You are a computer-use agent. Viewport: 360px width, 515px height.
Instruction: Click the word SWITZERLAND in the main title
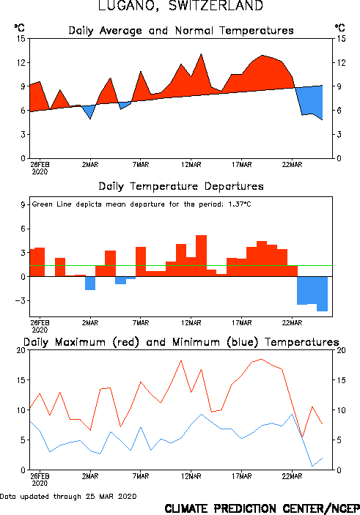point(216,6)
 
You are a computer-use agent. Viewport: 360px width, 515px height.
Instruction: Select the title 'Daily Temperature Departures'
point(181,187)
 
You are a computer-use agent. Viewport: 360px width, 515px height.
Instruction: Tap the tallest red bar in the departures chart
point(201,256)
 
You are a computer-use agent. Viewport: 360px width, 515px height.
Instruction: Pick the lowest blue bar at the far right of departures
point(322,294)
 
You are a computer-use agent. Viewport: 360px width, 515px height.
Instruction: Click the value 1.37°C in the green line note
point(240,204)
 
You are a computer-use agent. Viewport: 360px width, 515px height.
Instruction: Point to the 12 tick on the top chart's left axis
point(21,62)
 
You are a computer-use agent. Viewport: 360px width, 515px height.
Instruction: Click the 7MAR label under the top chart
point(141,165)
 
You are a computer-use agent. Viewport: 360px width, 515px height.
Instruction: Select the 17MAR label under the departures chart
point(242,323)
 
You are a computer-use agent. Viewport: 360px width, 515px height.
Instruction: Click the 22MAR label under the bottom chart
point(292,476)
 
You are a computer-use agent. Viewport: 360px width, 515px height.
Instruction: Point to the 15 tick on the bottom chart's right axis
point(341,380)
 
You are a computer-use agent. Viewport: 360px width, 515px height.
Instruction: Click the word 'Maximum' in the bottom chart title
point(80,342)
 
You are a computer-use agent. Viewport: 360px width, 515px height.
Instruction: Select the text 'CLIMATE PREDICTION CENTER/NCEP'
point(262,508)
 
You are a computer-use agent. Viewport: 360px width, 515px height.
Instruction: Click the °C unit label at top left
point(19,28)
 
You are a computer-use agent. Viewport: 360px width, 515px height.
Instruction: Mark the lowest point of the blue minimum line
point(312,466)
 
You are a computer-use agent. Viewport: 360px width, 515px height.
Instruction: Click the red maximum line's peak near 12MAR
point(181,360)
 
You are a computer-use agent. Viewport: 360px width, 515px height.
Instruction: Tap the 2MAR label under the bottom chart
point(90,476)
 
